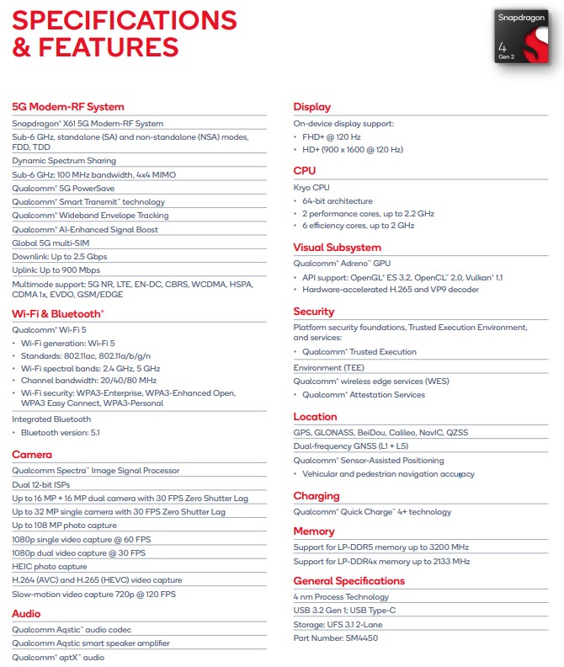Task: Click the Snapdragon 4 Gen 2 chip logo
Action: pyautogui.click(x=524, y=36)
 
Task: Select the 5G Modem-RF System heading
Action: pyautogui.click(x=68, y=107)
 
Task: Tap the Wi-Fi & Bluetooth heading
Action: pyautogui.click(x=57, y=313)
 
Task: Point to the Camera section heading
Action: pyautogui.click(x=32, y=455)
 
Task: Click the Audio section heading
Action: pyautogui.click(x=26, y=614)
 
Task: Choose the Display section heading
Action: pyautogui.click(x=311, y=107)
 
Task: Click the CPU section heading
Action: pyautogui.click(x=305, y=171)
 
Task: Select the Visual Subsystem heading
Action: pyautogui.click(x=337, y=248)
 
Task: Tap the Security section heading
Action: pyautogui.click(x=314, y=312)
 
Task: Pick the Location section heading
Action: pyautogui.click(x=315, y=417)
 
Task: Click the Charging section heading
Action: pyautogui.click(x=317, y=496)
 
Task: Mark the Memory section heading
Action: pyautogui.click(x=314, y=531)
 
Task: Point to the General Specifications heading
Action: pyautogui.click(x=349, y=581)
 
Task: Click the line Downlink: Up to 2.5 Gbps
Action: pyautogui.click(x=60, y=256)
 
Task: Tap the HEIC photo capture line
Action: pyautogui.click(x=50, y=567)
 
